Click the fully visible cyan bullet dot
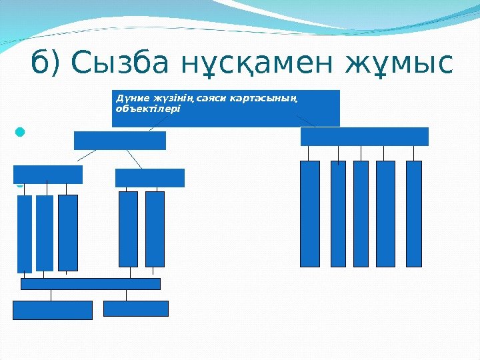click(19, 132)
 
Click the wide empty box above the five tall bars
click(364, 136)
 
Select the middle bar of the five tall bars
click(361, 213)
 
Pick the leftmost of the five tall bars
click(310, 213)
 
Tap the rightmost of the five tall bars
click(413, 213)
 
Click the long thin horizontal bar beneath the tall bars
click(91, 284)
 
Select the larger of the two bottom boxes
click(53, 310)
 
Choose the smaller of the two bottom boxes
click(136, 308)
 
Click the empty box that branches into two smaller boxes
click(120, 141)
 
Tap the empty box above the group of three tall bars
click(48, 175)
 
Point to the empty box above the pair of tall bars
click(150, 178)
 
